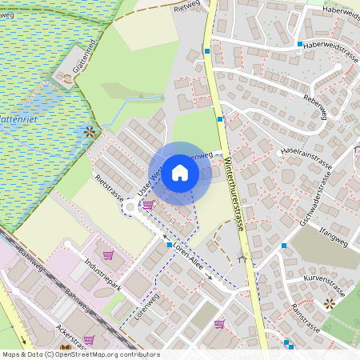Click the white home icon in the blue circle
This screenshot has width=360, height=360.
[180, 173]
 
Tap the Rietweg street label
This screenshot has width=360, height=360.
[186, 6]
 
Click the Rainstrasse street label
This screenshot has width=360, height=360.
[306, 318]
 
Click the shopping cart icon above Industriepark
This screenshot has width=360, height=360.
[109, 254]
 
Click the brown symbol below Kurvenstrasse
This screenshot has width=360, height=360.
[330, 303]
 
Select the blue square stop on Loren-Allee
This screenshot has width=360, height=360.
[170, 244]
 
